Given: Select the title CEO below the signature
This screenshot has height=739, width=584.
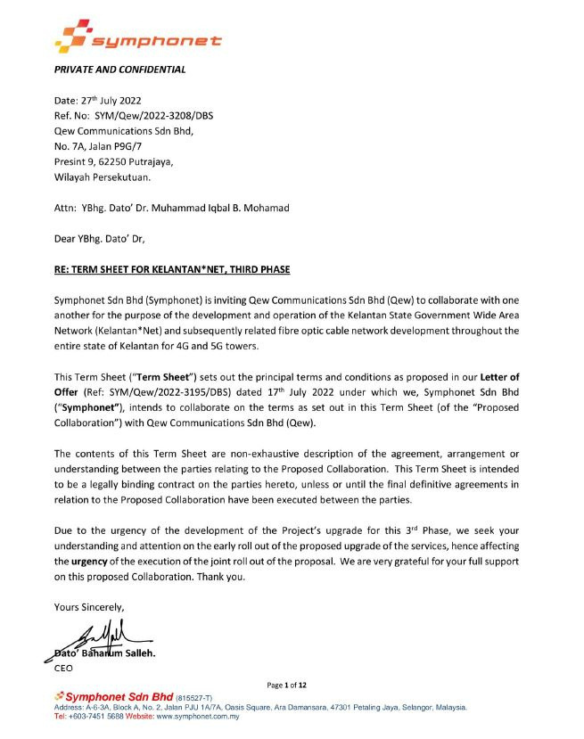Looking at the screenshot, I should click(64, 667).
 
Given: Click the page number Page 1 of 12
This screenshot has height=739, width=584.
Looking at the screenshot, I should click(286, 686).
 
